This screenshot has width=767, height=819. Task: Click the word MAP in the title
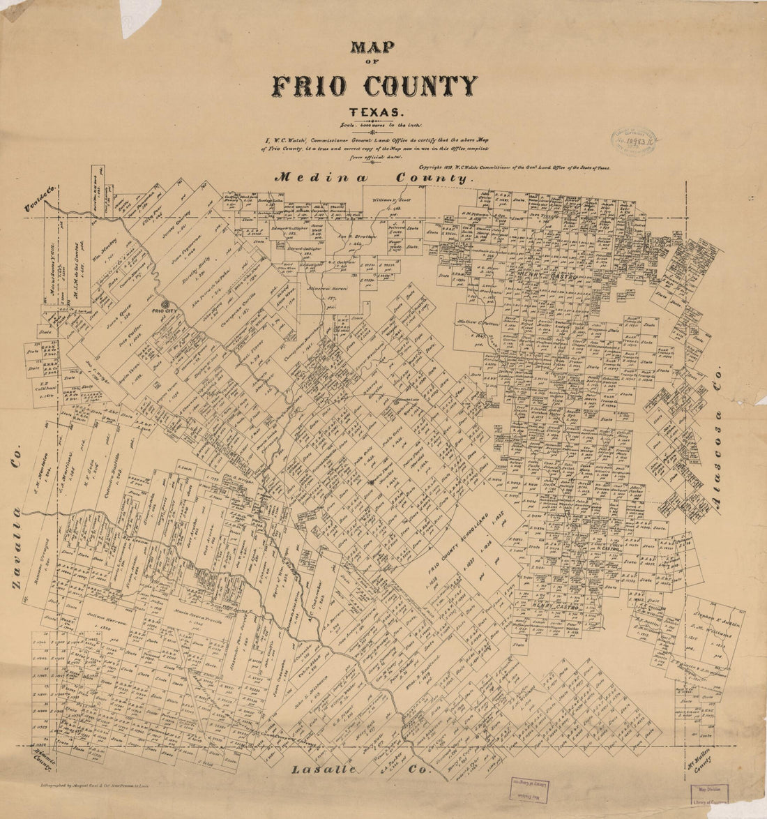(x=373, y=47)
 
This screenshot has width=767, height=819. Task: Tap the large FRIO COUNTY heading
(x=374, y=86)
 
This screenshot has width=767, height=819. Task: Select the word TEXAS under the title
(x=374, y=112)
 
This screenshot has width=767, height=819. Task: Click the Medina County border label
(x=373, y=178)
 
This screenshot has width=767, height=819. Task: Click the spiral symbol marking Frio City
(x=165, y=304)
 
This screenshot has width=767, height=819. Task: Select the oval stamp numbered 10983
(x=634, y=142)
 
